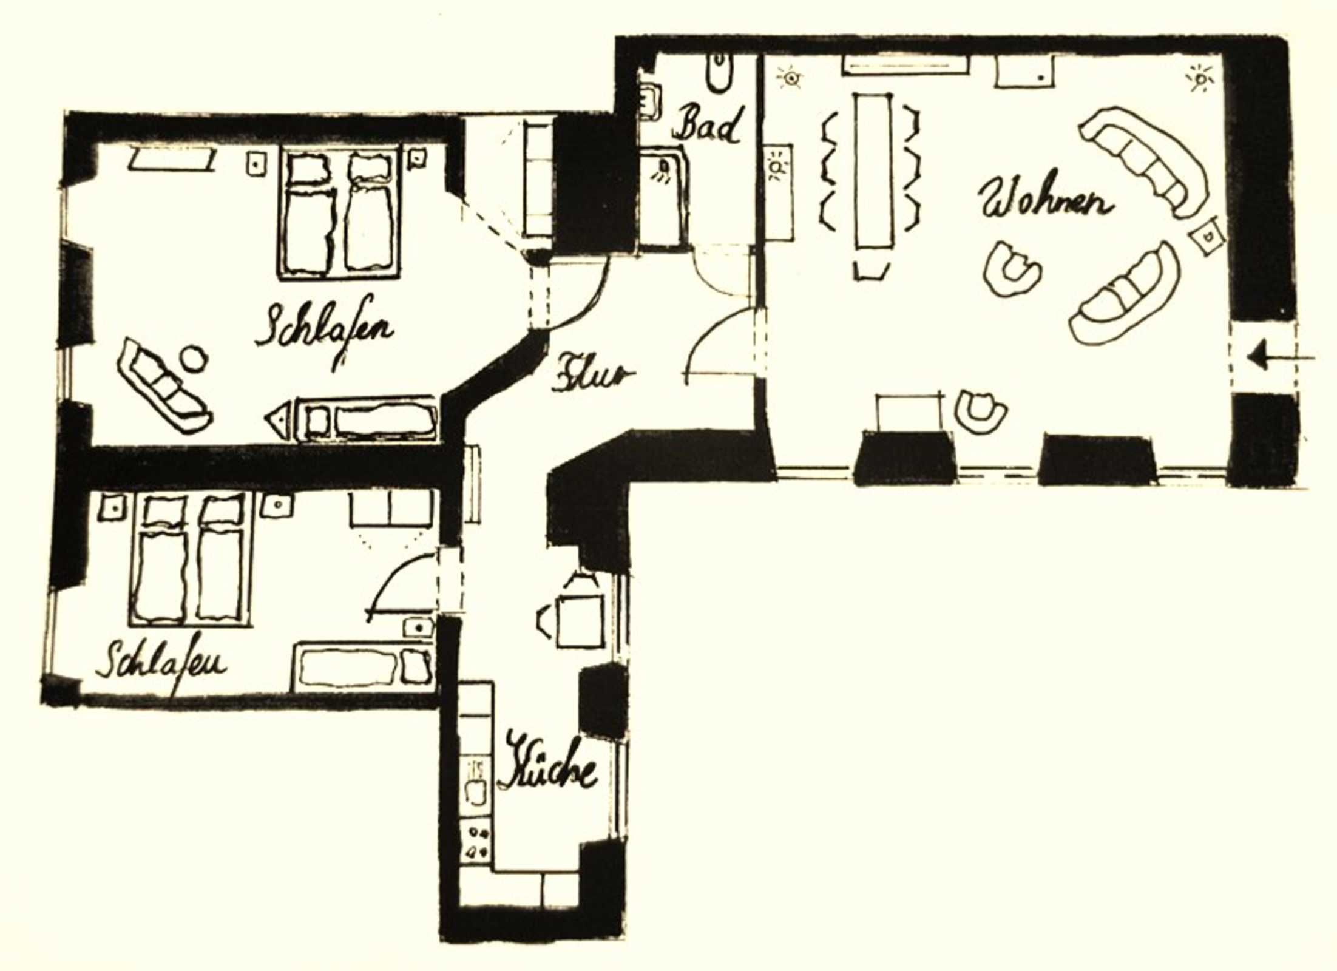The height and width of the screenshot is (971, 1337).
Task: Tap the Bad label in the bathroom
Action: click(708, 124)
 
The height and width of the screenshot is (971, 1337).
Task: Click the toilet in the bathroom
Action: click(719, 73)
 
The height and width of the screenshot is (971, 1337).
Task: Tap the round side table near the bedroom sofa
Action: click(194, 358)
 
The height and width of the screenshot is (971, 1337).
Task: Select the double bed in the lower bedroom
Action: click(190, 558)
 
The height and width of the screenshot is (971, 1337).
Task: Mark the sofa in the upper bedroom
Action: click(164, 385)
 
